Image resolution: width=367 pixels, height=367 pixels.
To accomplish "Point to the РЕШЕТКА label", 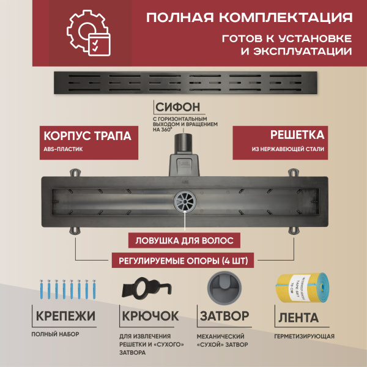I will (x=297, y=134).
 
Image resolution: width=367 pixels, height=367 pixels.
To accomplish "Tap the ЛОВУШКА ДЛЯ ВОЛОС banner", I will (x=183, y=240).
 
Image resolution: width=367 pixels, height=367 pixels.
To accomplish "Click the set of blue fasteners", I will (x=64, y=291).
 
